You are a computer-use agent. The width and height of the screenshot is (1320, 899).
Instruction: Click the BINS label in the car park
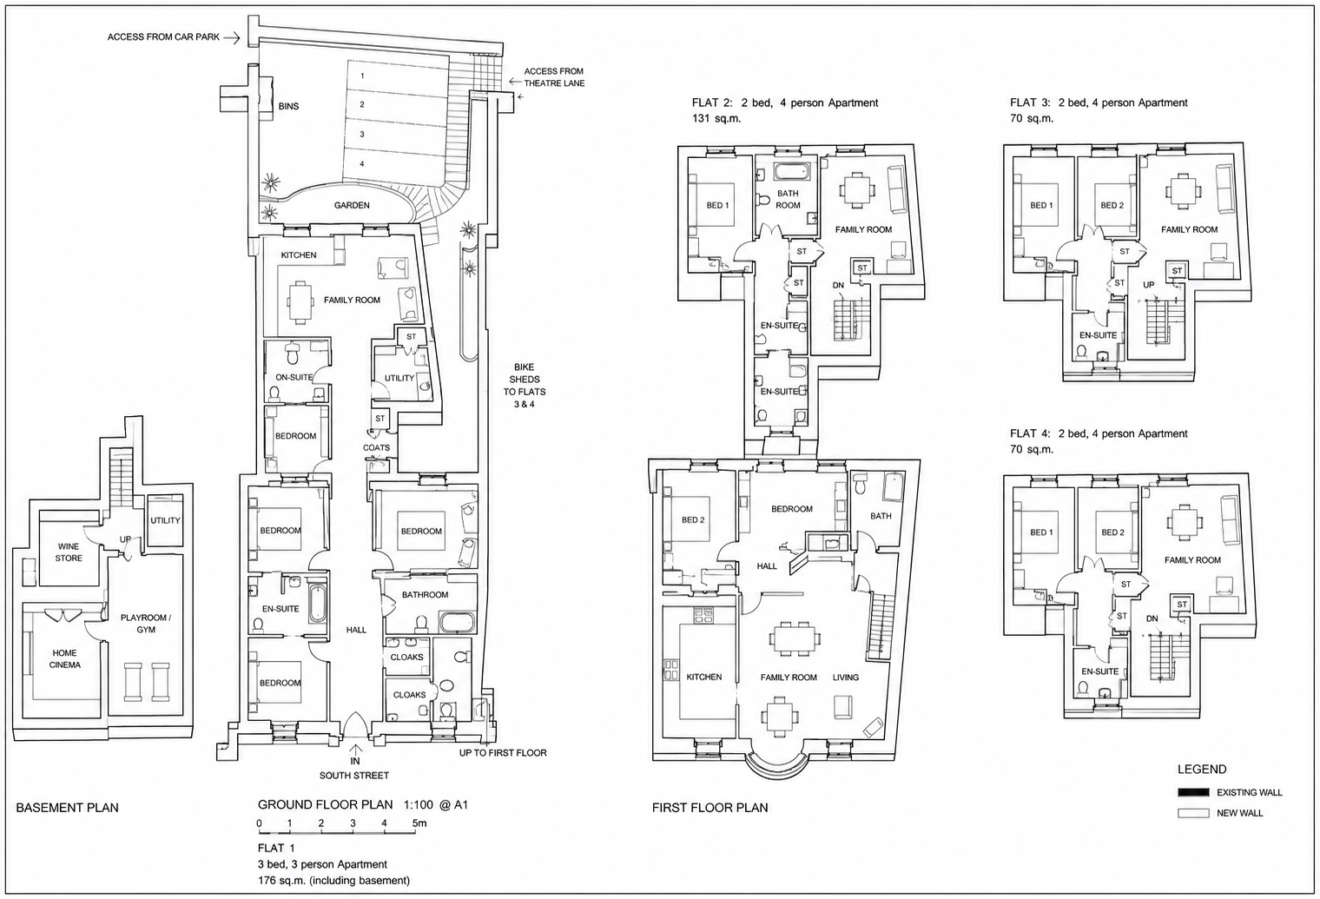(288, 106)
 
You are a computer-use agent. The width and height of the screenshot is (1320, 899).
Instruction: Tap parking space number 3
(362, 134)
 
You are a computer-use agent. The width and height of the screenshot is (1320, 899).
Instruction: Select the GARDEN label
(352, 205)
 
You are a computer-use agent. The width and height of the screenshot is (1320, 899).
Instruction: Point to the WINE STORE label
(69, 552)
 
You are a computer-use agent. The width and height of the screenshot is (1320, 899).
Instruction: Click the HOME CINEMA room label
(65, 658)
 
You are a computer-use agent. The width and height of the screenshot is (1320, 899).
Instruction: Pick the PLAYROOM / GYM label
(146, 623)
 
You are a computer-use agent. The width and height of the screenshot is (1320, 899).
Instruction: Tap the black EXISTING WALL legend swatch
(1193, 792)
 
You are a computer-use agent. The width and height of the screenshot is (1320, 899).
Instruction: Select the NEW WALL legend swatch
(1193, 813)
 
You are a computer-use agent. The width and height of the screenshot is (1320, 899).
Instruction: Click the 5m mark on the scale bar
(419, 823)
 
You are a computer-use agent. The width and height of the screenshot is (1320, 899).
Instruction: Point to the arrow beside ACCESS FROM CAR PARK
(233, 38)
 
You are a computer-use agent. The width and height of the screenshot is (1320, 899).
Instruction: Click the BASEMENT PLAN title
(67, 808)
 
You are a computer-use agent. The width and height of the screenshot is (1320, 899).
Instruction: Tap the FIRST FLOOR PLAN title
(710, 808)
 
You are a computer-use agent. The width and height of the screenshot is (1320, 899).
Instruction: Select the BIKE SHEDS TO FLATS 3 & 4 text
(525, 386)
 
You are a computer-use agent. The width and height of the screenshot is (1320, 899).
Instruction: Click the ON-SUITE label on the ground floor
(294, 377)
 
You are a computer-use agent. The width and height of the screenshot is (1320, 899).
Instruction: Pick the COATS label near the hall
(377, 447)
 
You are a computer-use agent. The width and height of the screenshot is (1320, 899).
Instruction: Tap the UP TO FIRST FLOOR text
(503, 753)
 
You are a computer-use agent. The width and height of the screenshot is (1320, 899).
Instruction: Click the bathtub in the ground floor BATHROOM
(457, 622)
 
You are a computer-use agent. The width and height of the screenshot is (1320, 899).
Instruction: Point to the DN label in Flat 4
(1152, 618)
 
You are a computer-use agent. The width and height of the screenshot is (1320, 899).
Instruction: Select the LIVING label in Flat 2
(846, 678)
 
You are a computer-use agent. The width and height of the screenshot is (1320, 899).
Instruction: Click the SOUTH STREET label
(354, 775)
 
